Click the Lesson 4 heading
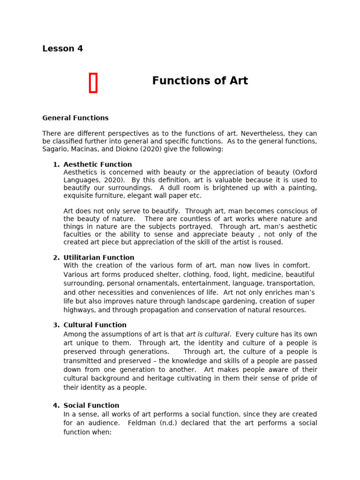(x=62, y=49)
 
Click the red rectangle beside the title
(x=93, y=83)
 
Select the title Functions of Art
(x=200, y=81)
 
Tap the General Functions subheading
(x=75, y=118)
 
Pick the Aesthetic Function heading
(x=97, y=165)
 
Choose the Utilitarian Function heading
(x=98, y=257)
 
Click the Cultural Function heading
(x=95, y=325)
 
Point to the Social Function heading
(x=91, y=405)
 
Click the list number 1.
(x=56, y=165)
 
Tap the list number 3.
(x=56, y=325)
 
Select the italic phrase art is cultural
(x=208, y=334)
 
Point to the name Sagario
(x=55, y=149)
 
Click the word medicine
(x=258, y=275)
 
